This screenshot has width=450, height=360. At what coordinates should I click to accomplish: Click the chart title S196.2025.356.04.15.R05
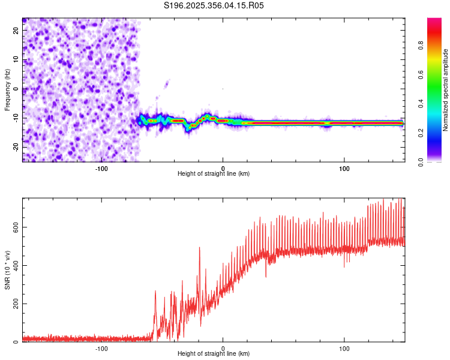point(214,5)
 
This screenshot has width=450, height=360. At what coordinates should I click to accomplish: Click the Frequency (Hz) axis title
point(7,89)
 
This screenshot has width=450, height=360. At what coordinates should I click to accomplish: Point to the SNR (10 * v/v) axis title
point(7,271)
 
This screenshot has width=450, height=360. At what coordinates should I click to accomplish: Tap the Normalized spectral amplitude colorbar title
point(446,90)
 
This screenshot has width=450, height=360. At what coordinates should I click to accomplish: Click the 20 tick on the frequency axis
point(16,30)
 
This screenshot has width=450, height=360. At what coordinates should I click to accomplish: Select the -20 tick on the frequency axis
point(16,148)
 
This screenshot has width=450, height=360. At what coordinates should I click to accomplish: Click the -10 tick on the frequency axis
point(16,118)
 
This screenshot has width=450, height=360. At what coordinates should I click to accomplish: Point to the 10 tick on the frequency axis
point(16,59)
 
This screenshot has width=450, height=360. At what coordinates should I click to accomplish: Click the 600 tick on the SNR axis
point(16,227)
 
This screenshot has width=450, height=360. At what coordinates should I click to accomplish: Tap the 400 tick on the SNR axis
point(16,265)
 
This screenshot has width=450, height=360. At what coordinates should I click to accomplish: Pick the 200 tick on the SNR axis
point(16,304)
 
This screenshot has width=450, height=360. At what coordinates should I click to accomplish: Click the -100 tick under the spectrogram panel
point(101,167)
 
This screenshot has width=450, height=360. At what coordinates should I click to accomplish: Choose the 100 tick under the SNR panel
point(344,348)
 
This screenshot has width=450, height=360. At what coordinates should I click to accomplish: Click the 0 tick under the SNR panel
point(223,348)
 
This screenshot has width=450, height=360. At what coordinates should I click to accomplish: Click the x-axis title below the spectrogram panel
point(214,174)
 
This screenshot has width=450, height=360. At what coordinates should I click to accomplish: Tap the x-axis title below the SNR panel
point(214,355)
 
